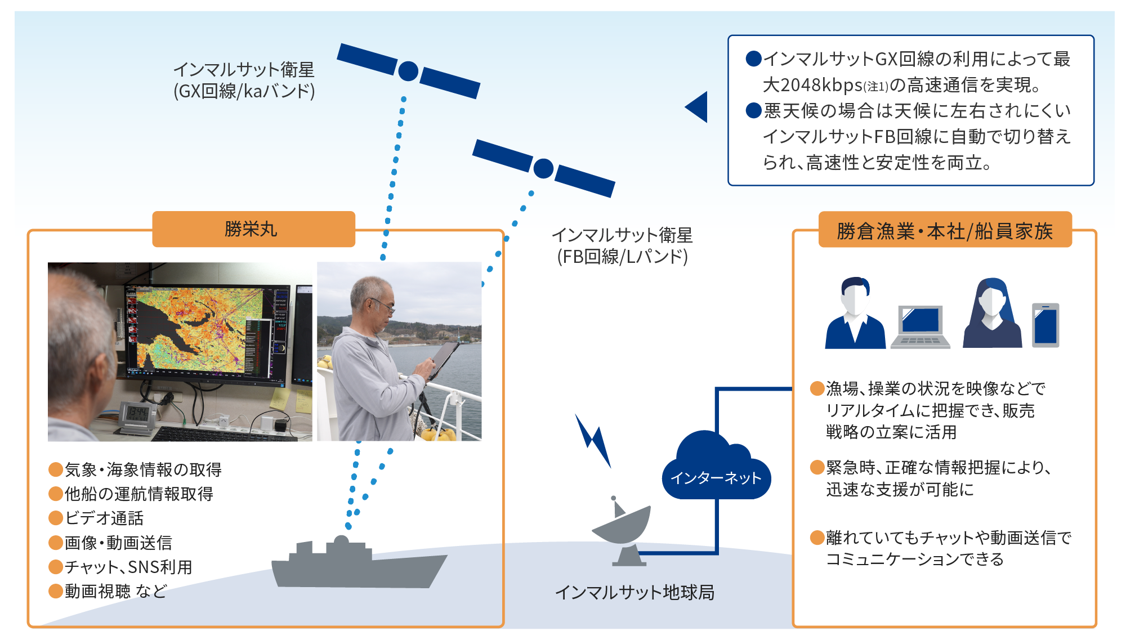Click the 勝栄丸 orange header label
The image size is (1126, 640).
coord(253,229)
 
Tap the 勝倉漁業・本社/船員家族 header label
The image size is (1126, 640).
coord(945,230)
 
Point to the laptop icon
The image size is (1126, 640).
coord(920,326)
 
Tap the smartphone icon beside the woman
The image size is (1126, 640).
coord(1045,325)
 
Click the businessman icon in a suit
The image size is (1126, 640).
coord(855,314)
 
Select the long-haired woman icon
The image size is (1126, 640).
coord(992,314)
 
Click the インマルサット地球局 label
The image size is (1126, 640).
coord(635,592)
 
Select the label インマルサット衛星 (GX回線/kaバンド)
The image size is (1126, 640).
coord(244,80)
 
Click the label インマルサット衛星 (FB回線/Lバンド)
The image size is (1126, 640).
coord(622,245)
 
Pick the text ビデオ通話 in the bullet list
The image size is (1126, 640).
coord(104,518)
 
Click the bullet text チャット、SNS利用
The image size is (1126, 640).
coord(128,567)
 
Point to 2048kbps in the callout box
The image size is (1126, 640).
coord(813,85)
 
